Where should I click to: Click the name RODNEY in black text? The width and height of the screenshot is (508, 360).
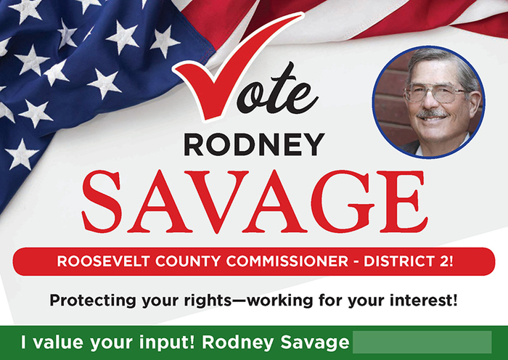(x=253, y=145)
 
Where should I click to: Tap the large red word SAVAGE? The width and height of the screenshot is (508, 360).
(x=253, y=197)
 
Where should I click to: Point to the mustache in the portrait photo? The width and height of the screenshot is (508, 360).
(x=434, y=114)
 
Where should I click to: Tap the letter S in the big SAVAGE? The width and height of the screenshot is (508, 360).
(x=105, y=197)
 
